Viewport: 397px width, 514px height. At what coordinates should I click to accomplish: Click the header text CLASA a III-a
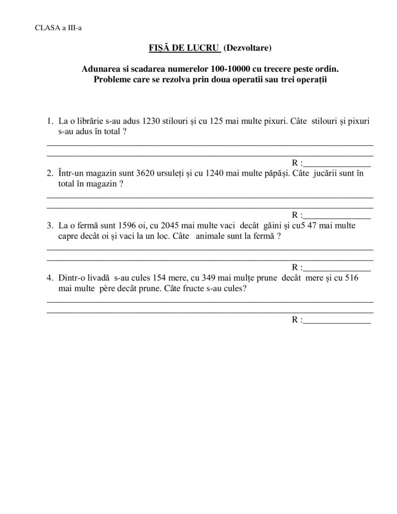coord(58,28)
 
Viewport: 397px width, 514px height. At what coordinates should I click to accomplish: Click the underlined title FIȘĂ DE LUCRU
coord(184,48)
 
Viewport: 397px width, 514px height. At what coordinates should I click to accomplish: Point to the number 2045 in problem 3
coord(171,226)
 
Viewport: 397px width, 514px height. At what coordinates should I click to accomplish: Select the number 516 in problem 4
coord(351,279)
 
